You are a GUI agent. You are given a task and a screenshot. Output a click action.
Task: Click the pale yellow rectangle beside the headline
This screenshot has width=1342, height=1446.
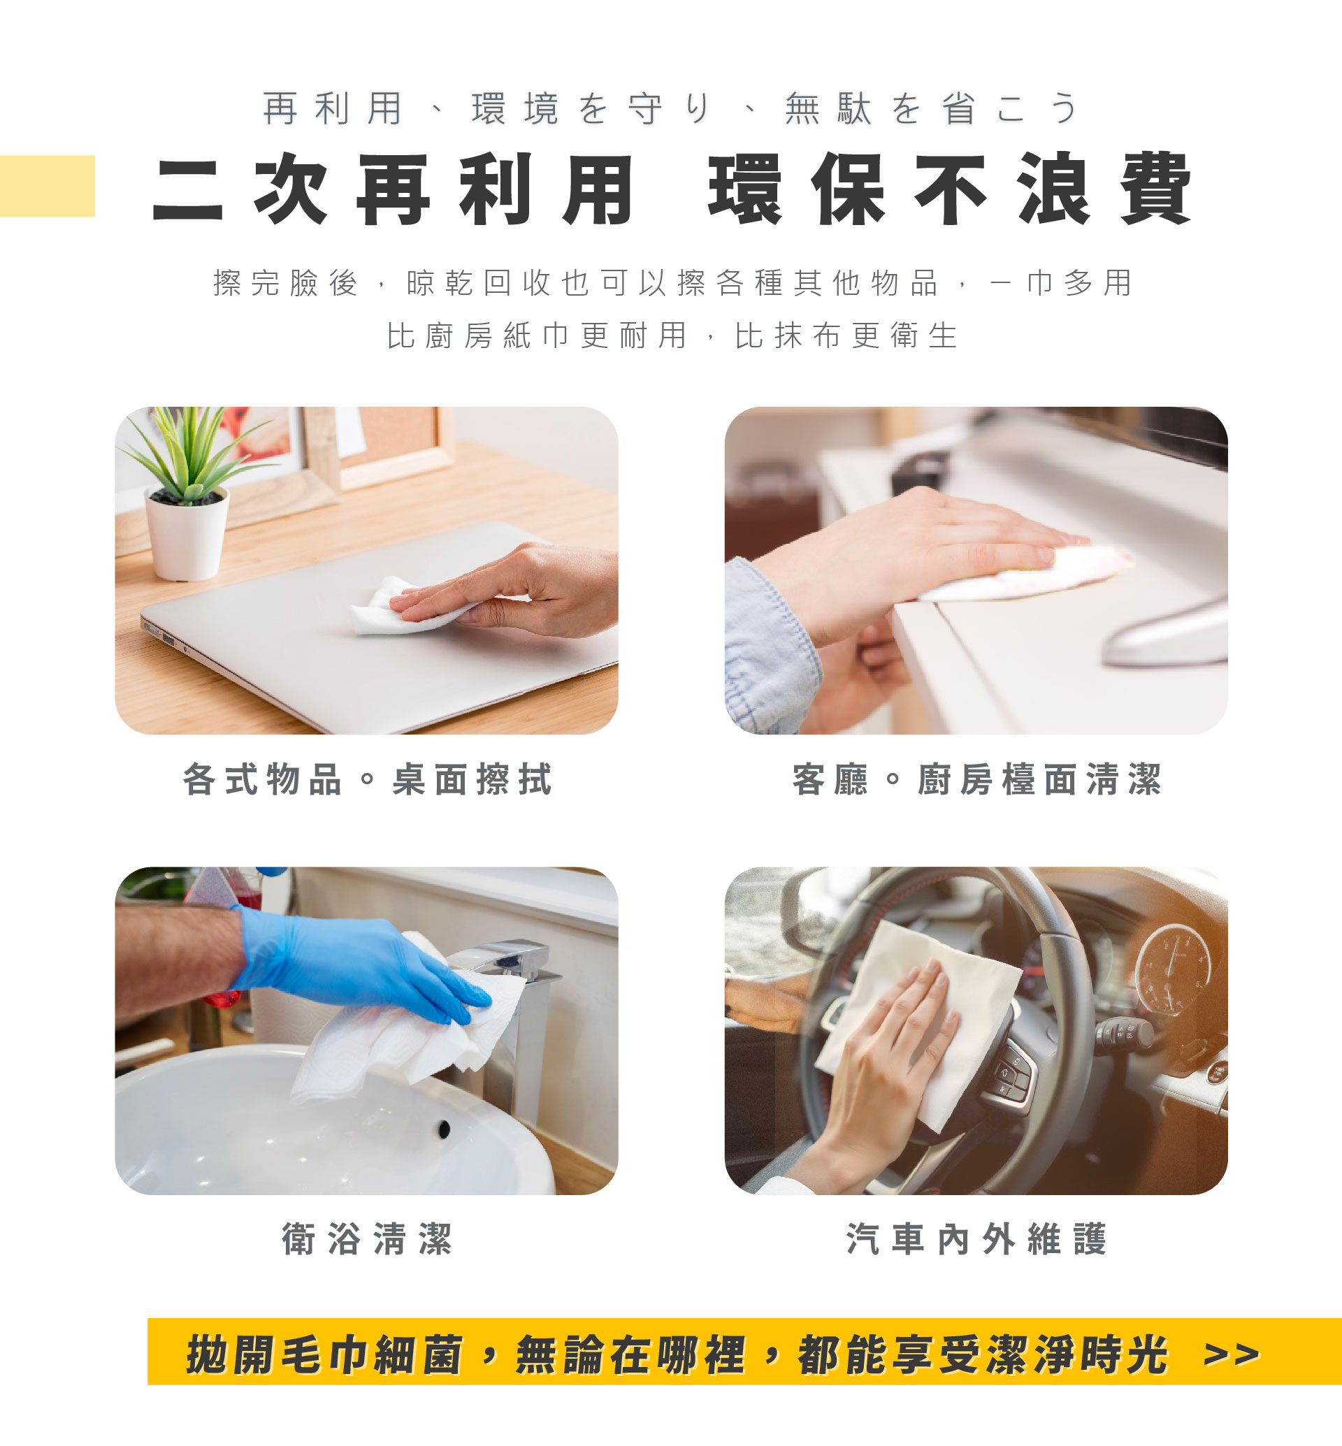(48, 186)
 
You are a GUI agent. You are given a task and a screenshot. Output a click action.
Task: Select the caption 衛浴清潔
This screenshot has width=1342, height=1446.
(368, 1239)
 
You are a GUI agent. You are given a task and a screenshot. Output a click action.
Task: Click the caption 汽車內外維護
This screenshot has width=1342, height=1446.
(976, 1239)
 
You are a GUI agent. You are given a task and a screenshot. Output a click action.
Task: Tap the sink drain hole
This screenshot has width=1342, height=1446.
(444, 1128)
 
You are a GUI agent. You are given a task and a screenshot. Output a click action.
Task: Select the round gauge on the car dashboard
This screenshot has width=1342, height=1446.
(1173, 969)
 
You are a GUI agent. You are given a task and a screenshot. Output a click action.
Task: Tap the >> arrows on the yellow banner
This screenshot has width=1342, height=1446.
(1232, 1354)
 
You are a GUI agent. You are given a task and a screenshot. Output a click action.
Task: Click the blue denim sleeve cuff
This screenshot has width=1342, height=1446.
(770, 646)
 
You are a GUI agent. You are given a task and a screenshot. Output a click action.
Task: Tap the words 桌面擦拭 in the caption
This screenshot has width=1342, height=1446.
(472, 779)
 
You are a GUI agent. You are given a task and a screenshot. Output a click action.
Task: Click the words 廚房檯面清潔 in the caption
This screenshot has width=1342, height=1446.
(1040, 779)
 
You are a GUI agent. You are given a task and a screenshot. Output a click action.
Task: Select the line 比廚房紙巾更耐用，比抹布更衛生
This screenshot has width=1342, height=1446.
(672, 335)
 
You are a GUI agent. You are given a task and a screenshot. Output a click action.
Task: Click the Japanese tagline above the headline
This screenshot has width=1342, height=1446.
(672, 108)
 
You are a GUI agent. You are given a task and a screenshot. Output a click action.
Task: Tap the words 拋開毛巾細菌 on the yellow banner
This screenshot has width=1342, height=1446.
(324, 1354)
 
